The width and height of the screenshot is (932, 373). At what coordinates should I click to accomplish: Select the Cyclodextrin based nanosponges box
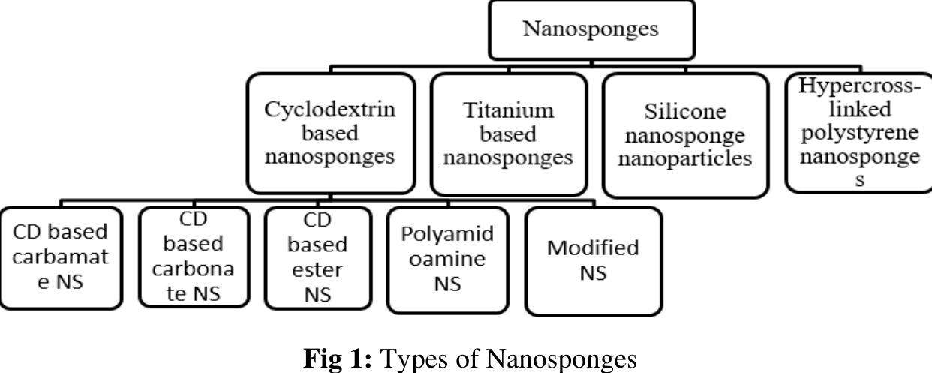click(330, 134)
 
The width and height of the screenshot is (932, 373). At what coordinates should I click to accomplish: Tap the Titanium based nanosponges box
click(509, 134)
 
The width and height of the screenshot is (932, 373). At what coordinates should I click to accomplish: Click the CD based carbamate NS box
click(61, 257)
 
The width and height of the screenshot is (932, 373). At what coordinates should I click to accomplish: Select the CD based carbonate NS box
click(194, 257)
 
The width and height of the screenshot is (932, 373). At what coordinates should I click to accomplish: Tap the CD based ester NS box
click(318, 257)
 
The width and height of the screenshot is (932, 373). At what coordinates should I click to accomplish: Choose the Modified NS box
click(593, 260)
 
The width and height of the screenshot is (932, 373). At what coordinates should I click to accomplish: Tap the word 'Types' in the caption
click(409, 359)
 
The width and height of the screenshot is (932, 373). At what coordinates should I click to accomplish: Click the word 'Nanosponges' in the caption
click(557, 358)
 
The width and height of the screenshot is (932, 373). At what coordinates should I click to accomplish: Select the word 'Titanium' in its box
click(509, 110)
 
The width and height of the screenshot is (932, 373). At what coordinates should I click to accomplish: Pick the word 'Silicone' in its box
click(685, 113)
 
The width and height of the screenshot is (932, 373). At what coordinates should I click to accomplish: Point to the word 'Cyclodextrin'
click(330, 110)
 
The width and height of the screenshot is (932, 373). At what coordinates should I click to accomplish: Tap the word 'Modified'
click(593, 248)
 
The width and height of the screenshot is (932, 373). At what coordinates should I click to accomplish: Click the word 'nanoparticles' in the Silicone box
click(685, 159)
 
